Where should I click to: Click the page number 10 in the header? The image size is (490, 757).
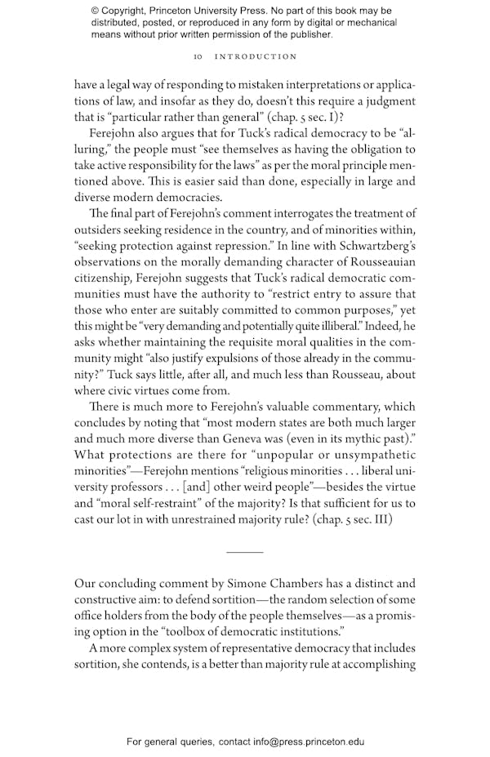[x=197, y=57]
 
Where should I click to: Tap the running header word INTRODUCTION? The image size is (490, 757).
[x=256, y=57]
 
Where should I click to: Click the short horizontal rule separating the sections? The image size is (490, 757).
[x=244, y=553]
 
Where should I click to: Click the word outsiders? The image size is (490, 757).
[x=103, y=230]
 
